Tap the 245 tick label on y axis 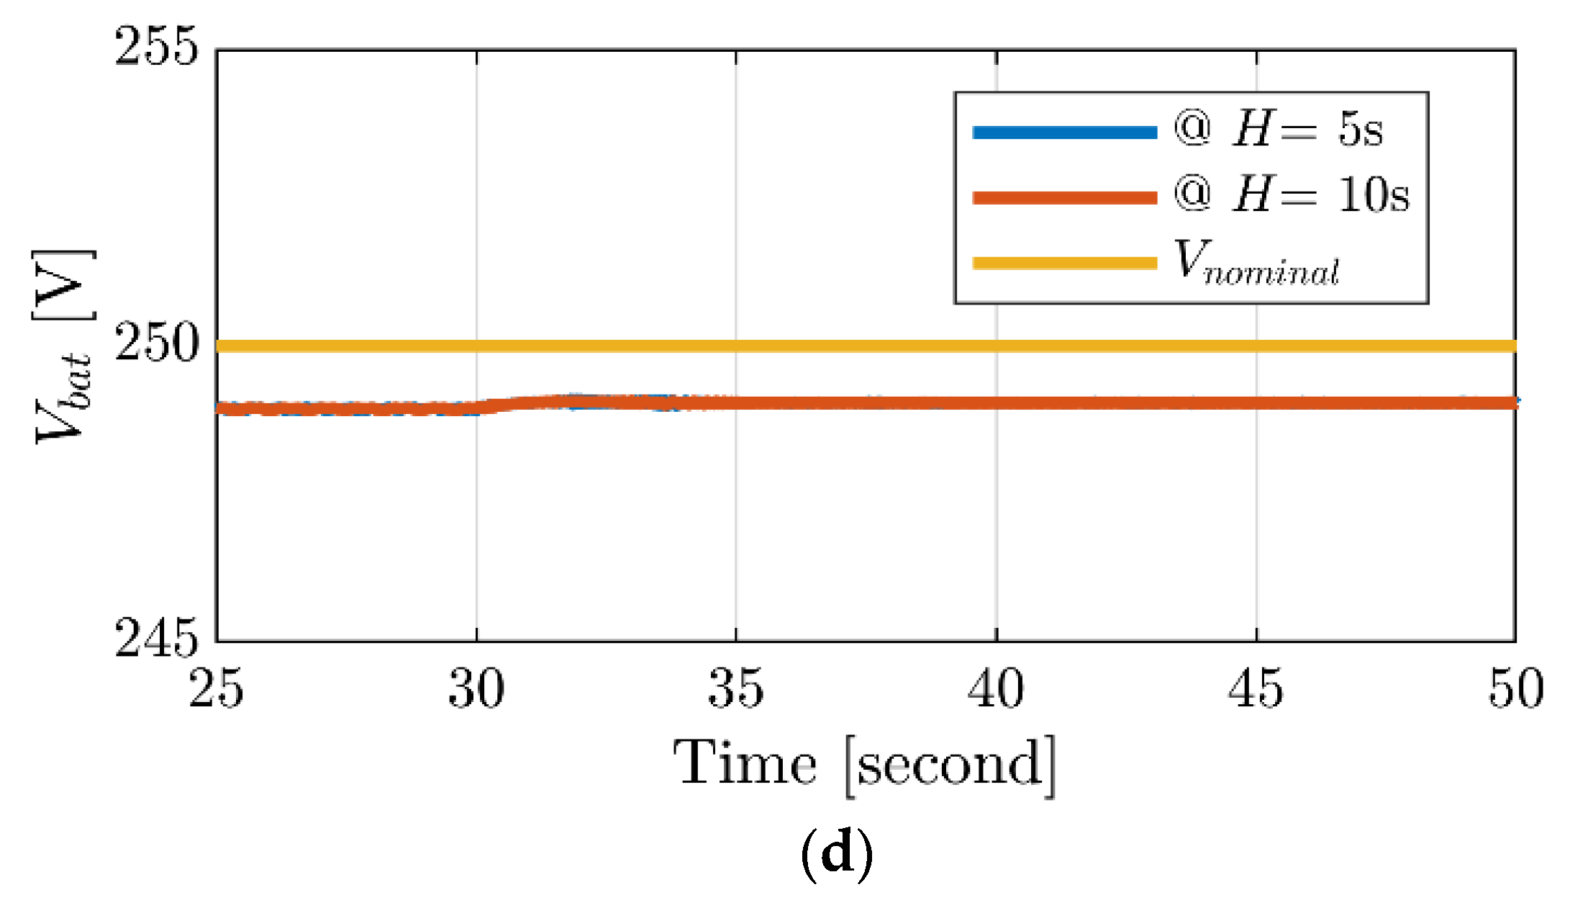[155, 638]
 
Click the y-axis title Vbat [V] [63, 346]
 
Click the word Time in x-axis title [745, 763]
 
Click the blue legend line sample [1064, 132]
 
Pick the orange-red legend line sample [1064, 198]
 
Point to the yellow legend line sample [1064, 263]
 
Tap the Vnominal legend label [1256, 264]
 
